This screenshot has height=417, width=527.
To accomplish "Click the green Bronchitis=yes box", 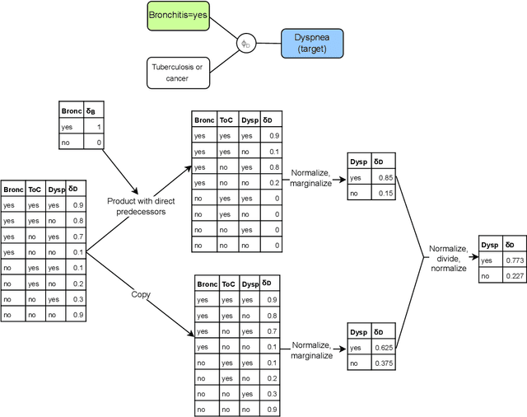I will (179, 16).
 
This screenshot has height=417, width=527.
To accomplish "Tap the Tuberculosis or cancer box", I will (179, 73).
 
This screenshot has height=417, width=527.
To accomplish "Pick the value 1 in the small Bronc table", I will (99, 128).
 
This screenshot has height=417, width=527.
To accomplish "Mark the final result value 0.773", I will (515, 260).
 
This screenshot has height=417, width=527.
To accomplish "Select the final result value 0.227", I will (515, 276).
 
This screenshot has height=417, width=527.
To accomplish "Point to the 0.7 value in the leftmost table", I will (77, 237).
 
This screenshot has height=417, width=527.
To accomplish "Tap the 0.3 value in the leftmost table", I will (77, 299).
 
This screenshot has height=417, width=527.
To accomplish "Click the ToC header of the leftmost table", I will (34, 189).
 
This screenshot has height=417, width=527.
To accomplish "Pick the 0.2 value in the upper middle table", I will (273, 182).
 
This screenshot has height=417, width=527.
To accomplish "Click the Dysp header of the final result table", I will (489, 245).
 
